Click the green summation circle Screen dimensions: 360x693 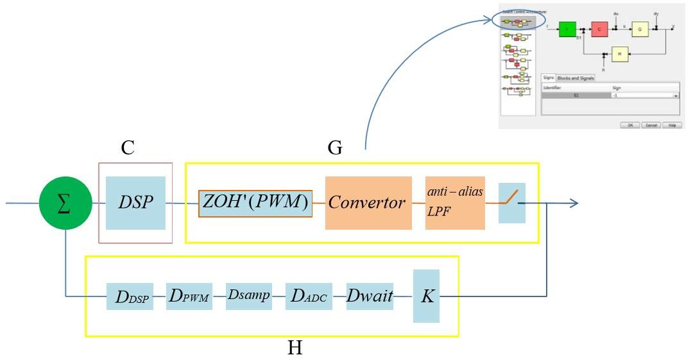(64, 204)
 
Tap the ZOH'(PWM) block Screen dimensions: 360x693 (255, 203)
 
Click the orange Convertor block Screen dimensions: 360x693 (368, 203)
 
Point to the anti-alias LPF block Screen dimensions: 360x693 (455, 203)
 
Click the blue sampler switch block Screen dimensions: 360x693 (511, 203)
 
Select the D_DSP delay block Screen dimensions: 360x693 (130, 296)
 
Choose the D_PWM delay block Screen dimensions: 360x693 (189, 296)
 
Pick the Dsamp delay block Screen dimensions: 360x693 (248, 296)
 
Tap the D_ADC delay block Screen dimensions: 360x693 (308, 296)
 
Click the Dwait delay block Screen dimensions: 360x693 (370, 296)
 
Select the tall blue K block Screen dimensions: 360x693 (426, 296)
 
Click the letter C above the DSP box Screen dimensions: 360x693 (128, 148)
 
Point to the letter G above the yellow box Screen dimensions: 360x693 (334, 148)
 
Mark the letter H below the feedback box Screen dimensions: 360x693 (295, 348)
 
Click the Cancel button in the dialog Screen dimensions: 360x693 (651, 125)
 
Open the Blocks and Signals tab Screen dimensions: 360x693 (576, 78)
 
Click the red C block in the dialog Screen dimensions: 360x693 (599, 30)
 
